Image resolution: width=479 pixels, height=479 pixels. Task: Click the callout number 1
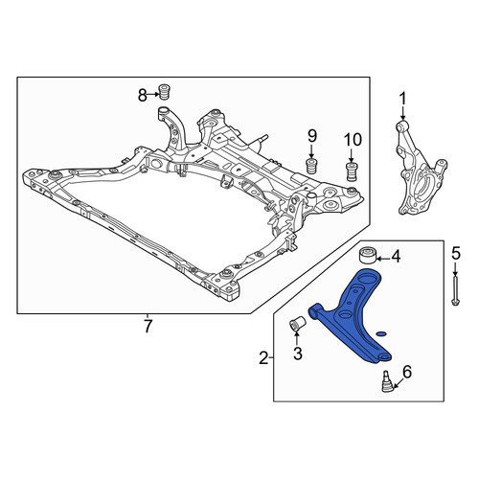pyautogui.click(x=402, y=99)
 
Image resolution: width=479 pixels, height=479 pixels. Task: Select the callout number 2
pyautogui.click(x=263, y=358)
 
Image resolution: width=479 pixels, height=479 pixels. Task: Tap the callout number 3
pyautogui.click(x=297, y=354)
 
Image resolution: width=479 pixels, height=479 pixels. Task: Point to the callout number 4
pyautogui.click(x=396, y=257)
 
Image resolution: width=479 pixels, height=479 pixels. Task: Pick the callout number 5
pyautogui.click(x=456, y=254)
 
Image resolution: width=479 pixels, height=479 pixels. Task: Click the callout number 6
pyautogui.click(x=407, y=372)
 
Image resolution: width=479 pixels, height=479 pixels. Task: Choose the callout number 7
pyautogui.click(x=148, y=327)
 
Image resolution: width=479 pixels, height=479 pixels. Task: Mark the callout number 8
pyautogui.click(x=143, y=95)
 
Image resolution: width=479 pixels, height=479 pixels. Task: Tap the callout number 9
pyautogui.click(x=312, y=136)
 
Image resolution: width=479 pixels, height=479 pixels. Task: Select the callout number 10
pyautogui.click(x=353, y=140)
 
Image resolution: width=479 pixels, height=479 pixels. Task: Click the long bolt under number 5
pyautogui.click(x=456, y=290)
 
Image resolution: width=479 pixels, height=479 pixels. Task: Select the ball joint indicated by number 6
pyautogui.click(x=386, y=381)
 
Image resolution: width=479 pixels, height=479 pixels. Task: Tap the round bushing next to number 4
pyautogui.click(x=367, y=255)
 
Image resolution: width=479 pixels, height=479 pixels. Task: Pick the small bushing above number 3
pyautogui.click(x=297, y=324)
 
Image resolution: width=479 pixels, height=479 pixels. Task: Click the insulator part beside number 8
pyautogui.click(x=164, y=92)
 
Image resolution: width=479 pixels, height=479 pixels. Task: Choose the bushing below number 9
pyautogui.click(x=311, y=165)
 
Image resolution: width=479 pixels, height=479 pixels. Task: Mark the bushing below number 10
pyautogui.click(x=352, y=171)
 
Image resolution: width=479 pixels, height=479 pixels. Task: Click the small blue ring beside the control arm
pyautogui.click(x=381, y=334)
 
